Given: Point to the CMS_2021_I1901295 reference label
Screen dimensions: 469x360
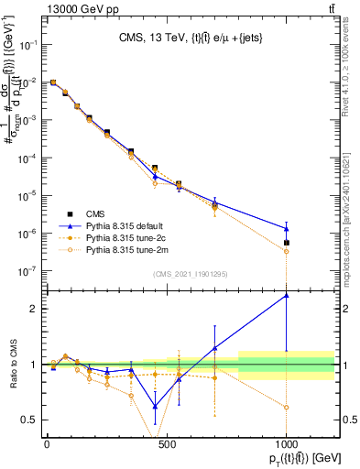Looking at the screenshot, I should click(x=190, y=273).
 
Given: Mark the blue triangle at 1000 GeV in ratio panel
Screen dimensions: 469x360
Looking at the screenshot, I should click(x=287, y=295).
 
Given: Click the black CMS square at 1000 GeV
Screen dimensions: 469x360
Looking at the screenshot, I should click(x=287, y=243).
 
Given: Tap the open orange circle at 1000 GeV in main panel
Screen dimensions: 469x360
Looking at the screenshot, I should click(x=287, y=251).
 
